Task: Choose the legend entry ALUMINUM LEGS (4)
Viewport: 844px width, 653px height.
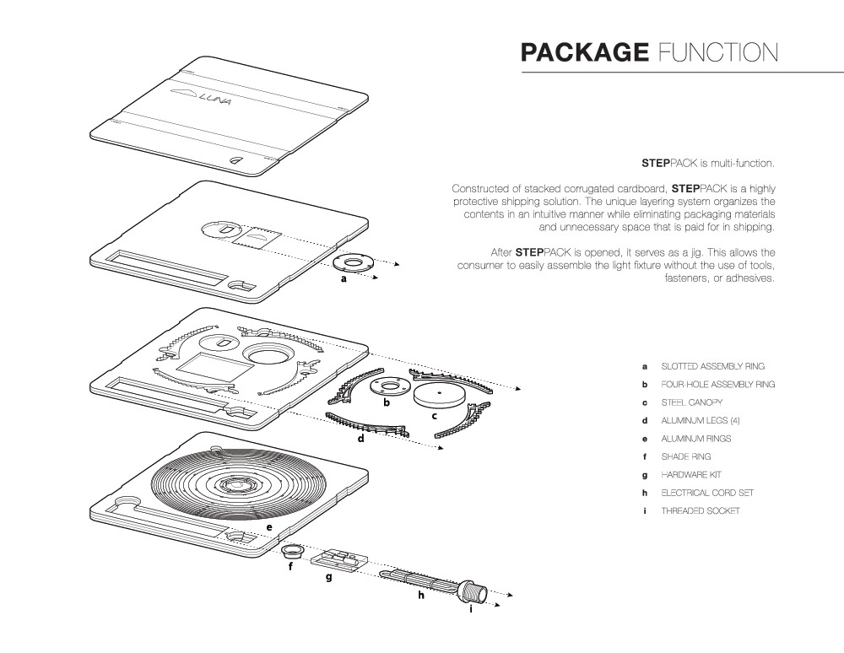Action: (x=695, y=420)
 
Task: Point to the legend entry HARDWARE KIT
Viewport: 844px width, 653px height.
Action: (x=691, y=475)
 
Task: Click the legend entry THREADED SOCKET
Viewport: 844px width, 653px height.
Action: (x=700, y=511)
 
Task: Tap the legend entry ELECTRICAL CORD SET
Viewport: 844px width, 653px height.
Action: (x=707, y=493)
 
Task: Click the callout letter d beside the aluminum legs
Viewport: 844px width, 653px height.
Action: (x=360, y=440)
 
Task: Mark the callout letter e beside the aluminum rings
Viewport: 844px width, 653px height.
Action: (x=268, y=527)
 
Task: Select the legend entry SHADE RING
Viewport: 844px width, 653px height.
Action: (x=685, y=456)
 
